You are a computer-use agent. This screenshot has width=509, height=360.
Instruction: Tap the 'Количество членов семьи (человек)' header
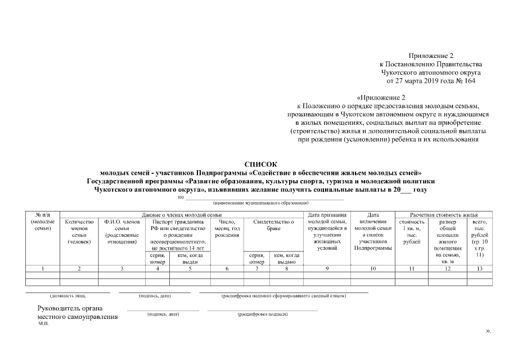pyautogui.click(x=79, y=232)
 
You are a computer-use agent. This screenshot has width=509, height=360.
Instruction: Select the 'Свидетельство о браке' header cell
pyautogui.click(x=274, y=226)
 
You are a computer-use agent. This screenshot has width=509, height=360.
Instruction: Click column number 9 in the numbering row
pyautogui.click(x=327, y=269)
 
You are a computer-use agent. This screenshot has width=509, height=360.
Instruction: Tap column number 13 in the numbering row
pyautogui.click(x=479, y=269)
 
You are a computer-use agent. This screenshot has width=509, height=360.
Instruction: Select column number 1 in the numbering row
pyautogui.click(x=43, y=269)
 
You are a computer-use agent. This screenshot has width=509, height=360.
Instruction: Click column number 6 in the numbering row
pyautogui.click(x=227, y=269)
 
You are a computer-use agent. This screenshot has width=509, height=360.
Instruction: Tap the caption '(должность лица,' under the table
pyautogui.click(x=72, y=295)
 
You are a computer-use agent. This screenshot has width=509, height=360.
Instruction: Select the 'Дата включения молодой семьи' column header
pyautogui.click(x=372, y=232)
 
